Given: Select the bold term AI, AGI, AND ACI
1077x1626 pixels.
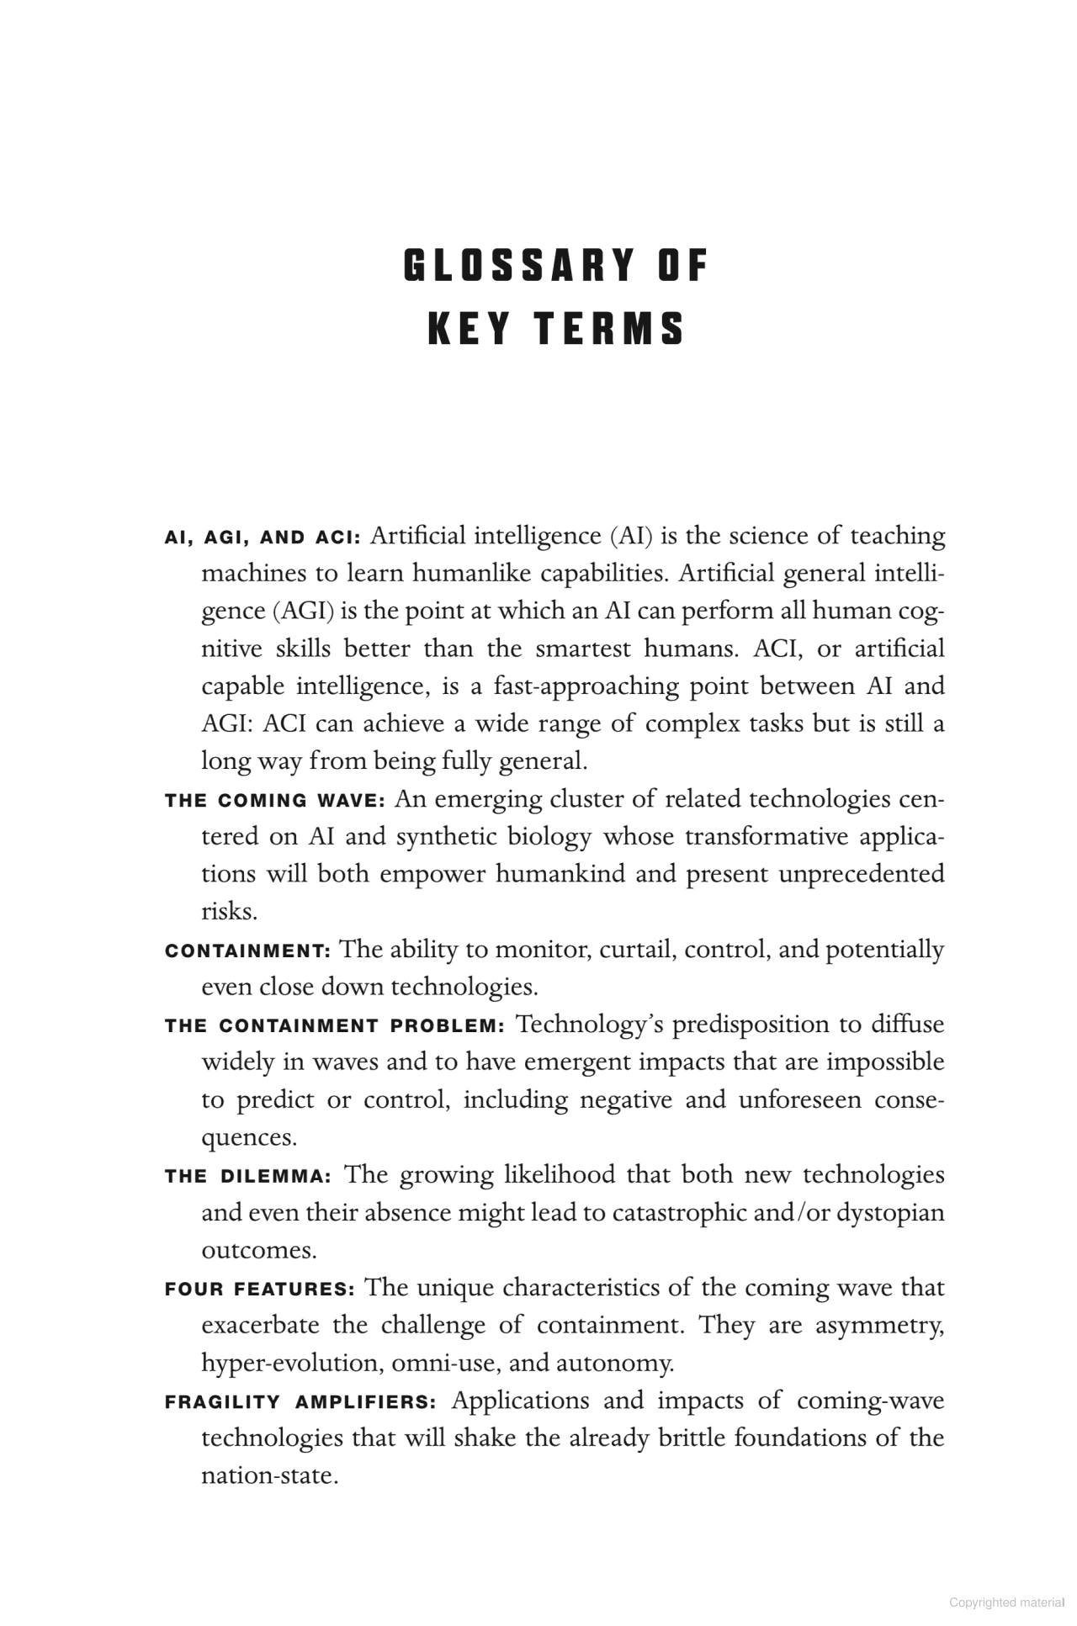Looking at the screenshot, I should [263, 538].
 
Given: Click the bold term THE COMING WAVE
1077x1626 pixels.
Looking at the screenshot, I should [274, 800].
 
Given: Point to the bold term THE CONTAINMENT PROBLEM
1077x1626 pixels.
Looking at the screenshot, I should [334, 1026].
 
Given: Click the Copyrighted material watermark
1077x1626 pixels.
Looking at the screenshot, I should [1007, 1602].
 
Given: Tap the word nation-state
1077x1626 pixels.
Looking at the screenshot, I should [269, 1476].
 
